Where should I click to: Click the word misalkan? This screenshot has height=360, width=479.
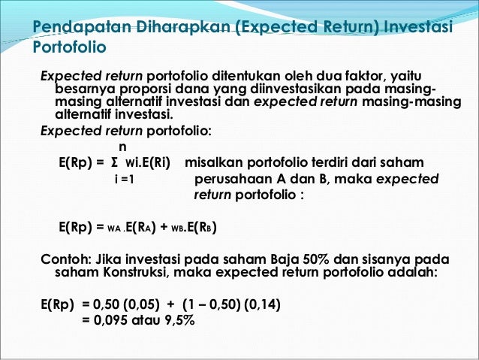coord(213,163)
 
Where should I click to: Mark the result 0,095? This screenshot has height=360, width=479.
coord(110,320)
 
